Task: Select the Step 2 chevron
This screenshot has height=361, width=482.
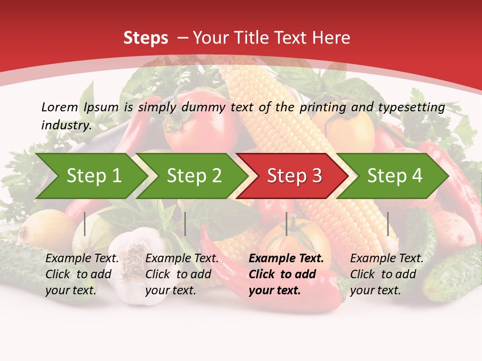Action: click(x=194, y=176)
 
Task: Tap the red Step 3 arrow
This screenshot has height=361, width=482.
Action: click(x=294, y=176)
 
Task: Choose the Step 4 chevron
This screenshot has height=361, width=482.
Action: click(x=395, y=176)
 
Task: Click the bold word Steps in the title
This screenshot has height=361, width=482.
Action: click(x=146, y=38)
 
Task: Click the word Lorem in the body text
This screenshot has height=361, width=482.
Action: click(x=60, y=107)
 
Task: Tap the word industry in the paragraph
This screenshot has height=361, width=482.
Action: click(x=65, y=125)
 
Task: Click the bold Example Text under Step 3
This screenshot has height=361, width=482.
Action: click(x=286, y=259)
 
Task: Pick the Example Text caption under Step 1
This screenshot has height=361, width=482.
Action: click(x=82, y=259)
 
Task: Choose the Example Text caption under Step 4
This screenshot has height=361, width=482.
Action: click(x=387, y=259)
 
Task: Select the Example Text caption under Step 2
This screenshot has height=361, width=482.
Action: click(x=182, y=259)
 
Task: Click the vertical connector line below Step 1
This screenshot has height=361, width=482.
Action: click(x=85, y=224)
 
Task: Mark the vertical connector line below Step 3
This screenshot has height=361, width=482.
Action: click(x=286, y=224)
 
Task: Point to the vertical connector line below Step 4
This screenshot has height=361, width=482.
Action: click(x=388, y=224)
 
